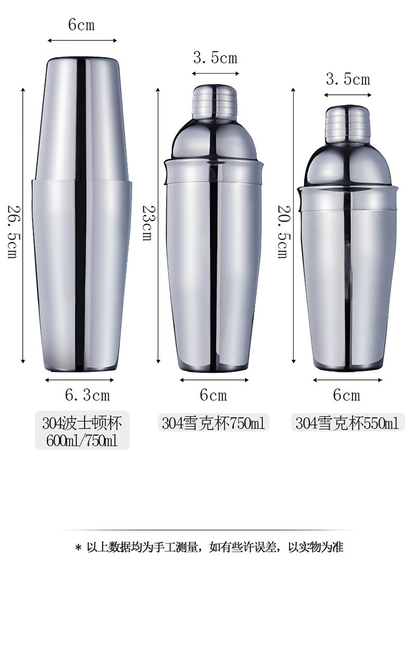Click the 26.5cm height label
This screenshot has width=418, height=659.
(12, 232)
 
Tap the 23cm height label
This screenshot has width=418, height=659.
(147, 223)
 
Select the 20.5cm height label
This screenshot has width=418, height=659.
(283, 232)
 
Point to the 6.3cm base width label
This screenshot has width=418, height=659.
(87, 395)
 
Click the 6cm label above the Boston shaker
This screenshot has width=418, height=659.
(81, 24)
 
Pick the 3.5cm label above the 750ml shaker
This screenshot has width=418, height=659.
(215, 57)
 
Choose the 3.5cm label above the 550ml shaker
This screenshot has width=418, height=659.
(348, 79)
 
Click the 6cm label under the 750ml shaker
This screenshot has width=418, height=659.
(214, 395)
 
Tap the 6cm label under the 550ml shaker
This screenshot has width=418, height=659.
(347, 395)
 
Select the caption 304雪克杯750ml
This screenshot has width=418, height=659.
(214, 424)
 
